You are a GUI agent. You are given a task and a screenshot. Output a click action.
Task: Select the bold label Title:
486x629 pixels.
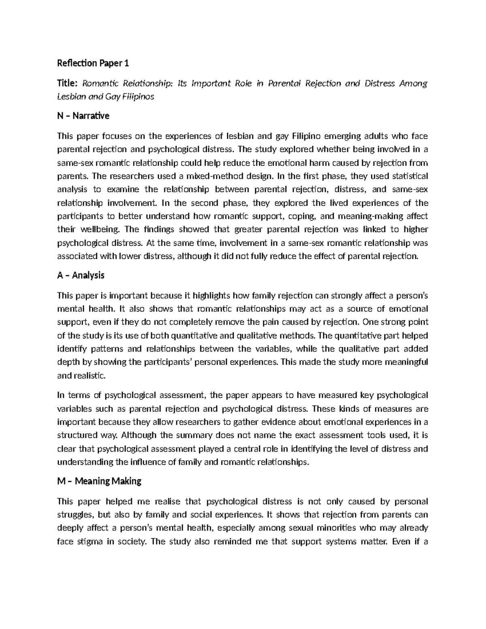point(68,84)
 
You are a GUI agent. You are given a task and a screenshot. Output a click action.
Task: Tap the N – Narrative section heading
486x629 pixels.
point(83,116)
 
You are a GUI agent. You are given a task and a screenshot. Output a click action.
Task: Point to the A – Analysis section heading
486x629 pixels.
point(81,275)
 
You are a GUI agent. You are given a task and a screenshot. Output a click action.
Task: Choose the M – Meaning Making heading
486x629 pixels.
point(99,481)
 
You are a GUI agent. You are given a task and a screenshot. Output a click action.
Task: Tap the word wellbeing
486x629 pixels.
point(97,229)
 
